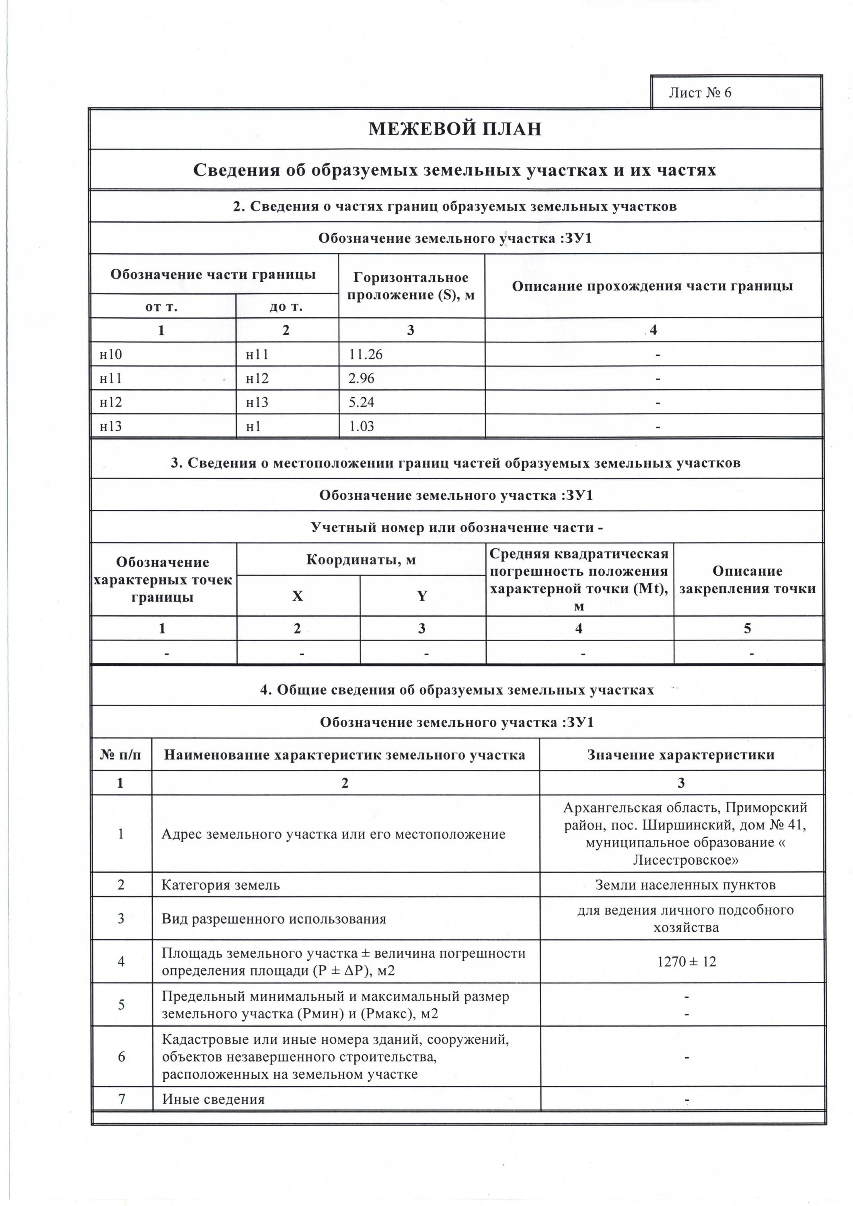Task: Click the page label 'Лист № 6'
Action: coord(699,93)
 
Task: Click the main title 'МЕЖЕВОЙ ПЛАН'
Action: coord(454,129)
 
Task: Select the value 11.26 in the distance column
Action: coord(366,355)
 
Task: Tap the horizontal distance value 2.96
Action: coord(362,378)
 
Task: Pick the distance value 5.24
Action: coord(362,402)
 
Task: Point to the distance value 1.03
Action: coord(362,426)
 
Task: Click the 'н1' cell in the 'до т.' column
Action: coord(253,426)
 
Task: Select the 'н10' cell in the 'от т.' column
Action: coord(111,355)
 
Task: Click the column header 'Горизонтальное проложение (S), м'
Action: coord(411,286)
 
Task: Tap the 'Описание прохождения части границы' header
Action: coord(652,286)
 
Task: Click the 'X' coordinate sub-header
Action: coord(298,596)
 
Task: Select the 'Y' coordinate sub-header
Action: coord(422,596)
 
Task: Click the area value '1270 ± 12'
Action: coord(687,962)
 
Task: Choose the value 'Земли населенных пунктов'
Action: coord(685,885)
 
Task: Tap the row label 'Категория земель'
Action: coord(221,885)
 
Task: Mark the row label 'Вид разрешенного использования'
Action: coord(274,919)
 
